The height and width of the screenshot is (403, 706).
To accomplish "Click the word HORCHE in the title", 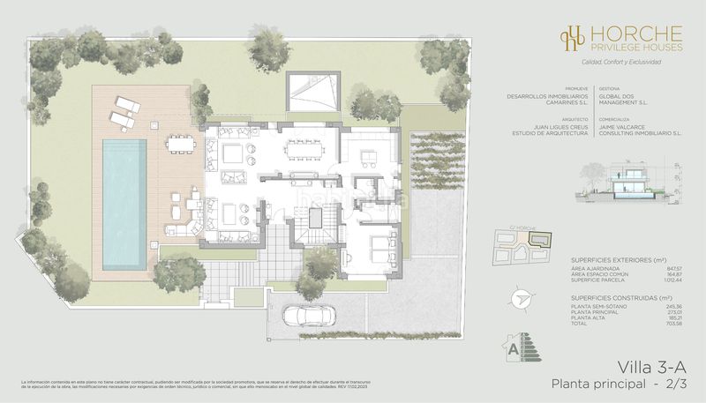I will click(631, 31).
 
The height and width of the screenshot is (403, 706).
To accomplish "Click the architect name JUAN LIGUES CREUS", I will click(541, 130).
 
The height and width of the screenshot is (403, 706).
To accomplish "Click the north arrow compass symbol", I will click(523, 301).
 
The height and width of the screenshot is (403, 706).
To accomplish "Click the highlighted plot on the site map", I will click(544, 240).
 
